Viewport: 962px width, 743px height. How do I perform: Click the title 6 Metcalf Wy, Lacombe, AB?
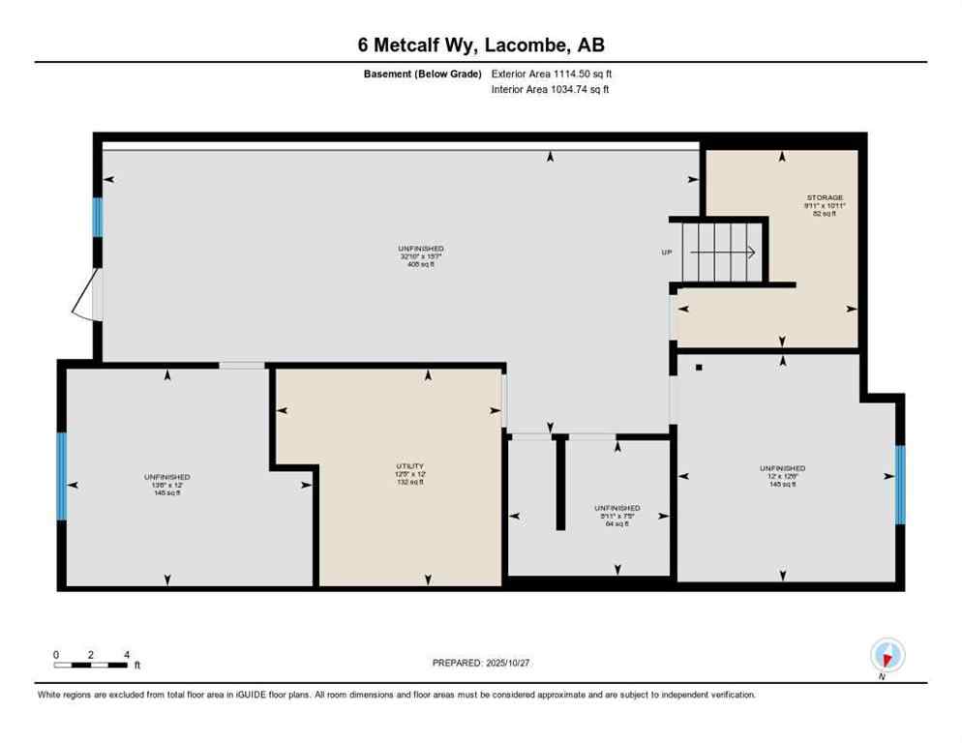(x=480, y=45)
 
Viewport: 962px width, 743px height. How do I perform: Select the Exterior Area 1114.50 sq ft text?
(x=552, y=73)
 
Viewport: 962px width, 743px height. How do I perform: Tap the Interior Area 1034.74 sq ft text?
(x=550, y=89)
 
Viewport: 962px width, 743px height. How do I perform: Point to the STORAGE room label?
(x=825, y=205)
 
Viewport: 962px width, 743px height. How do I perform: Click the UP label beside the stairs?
(x=667, y=253)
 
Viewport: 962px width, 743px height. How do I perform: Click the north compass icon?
(x=887, y=656)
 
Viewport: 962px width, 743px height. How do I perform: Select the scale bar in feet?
(x=92, y=664)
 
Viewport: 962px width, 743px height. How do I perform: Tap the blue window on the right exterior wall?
(x=899, y=484)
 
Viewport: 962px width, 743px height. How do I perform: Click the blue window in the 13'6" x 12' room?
(x=61, y=475)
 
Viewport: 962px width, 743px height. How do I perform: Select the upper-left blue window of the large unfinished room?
(x=97, y=217)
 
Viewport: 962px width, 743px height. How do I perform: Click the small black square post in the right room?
(x=699, y=368)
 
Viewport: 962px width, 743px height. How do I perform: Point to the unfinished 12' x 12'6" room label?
(x=782, y=476)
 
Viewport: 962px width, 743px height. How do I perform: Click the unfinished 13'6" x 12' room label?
(x=167, y=484)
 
